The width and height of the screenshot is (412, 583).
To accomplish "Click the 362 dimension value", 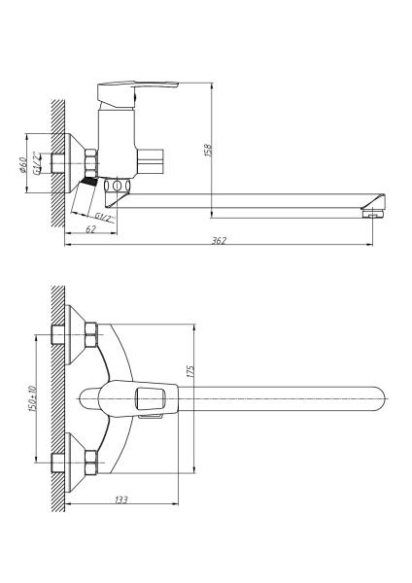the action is coord(219,241).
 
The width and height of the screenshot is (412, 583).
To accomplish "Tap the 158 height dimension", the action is coord(208,151).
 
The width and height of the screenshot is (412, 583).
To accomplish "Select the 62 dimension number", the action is coord(91,229).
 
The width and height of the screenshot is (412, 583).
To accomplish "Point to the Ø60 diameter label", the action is coord(22,165).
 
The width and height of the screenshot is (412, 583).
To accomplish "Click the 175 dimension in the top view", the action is coord(191,371).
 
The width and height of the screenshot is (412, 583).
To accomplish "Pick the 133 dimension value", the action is coord(120,499).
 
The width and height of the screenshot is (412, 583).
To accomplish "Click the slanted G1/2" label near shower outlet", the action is coord(105,217).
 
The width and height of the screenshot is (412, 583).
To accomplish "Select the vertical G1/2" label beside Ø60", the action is coord(36,163).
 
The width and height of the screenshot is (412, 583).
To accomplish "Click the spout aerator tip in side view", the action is coord(371,214).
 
